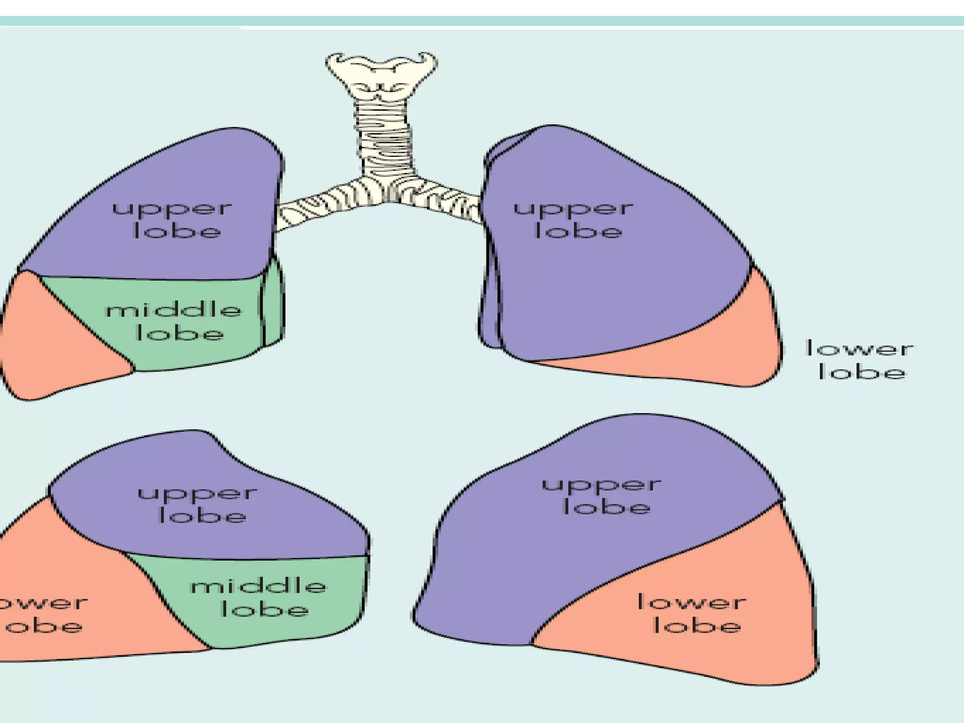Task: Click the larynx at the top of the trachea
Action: pyautogui.click(x=381, y=75)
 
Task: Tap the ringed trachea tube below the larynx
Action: pyautogui.click(x=384, y=137)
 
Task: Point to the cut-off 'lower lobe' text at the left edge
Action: pyautogui.click(x=42, y=614)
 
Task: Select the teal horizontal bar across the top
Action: pyautogui.click(x=482, y=21)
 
